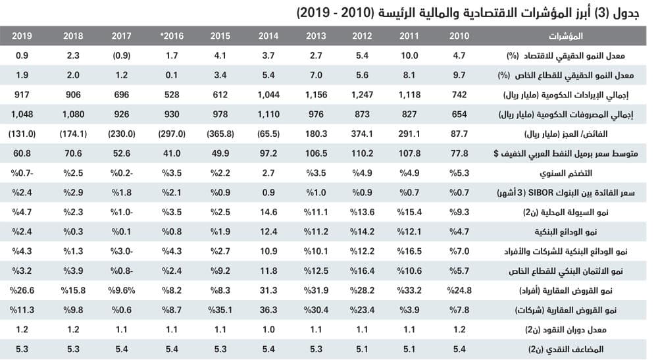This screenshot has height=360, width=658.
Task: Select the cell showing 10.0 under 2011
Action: click(410, 57)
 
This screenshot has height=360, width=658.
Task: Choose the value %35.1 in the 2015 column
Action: click(220, 309)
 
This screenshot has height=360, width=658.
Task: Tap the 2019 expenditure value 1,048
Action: click(22, 115)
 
